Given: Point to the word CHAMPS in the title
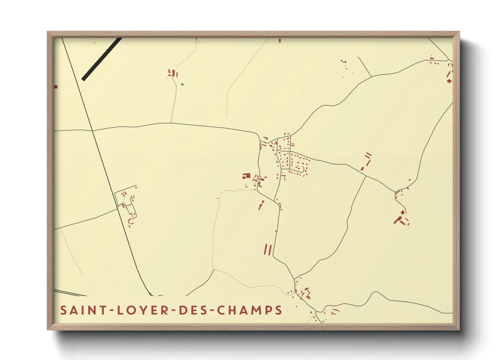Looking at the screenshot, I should [250, 310].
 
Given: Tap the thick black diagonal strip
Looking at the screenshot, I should [101, 59].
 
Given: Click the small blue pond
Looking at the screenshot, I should [182, 84].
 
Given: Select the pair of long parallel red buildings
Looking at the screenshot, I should [268, 249].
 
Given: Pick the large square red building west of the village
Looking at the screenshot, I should [247, 176].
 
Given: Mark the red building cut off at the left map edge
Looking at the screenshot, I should [56, 87].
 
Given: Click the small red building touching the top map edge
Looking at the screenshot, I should [280, 40].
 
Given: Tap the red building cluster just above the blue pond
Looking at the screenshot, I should [173, 73].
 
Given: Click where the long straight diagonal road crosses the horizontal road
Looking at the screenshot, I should [93, 130].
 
